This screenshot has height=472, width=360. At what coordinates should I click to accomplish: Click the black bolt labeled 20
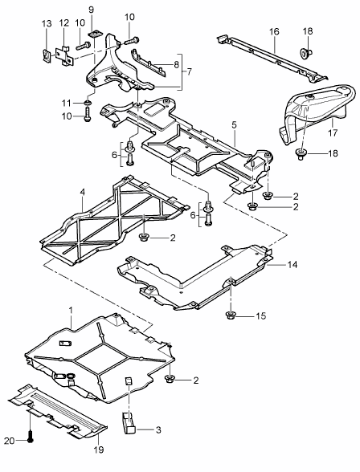31,439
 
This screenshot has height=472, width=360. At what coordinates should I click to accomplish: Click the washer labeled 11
86,104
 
